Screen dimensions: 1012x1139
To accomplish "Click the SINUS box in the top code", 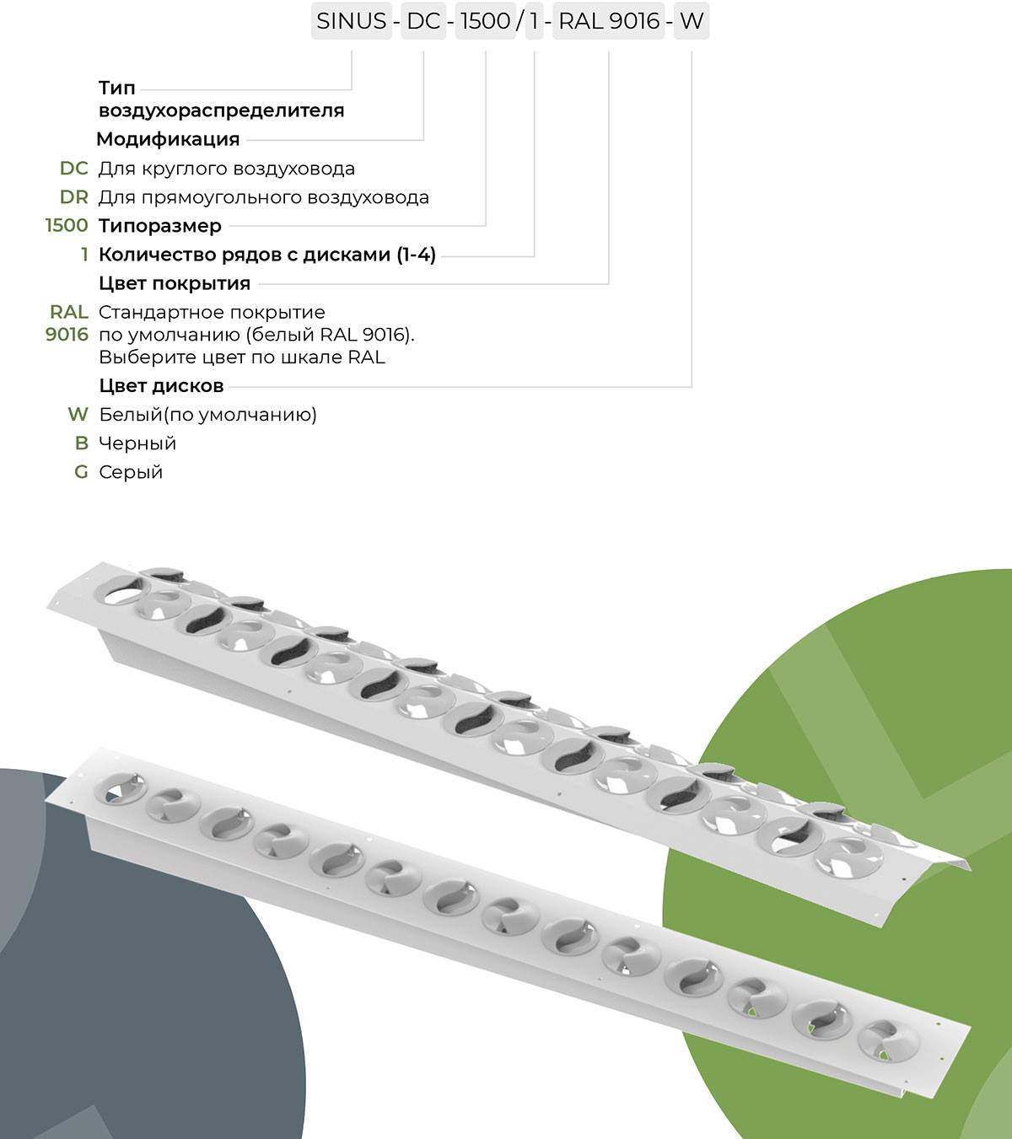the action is coord(352,21).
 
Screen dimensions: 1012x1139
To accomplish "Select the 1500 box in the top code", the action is coord(486,21).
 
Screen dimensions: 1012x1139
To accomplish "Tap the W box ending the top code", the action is coord(692,21).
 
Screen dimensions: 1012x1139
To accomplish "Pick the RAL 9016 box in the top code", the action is coord(609,21).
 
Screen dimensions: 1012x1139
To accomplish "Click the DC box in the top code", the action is coord(423,21).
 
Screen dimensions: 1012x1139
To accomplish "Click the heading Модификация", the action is coord(168,139).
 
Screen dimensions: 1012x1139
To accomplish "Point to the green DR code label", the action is coord(74,197).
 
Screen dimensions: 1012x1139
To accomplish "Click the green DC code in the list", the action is coord(74,168).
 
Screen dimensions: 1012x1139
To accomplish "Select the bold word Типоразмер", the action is coord(160,226).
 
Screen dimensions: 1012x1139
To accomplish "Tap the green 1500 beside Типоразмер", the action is coord(67,225).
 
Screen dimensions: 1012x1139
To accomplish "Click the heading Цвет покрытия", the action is coord(175,283).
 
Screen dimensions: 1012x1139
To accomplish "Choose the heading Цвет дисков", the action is coord(161,385).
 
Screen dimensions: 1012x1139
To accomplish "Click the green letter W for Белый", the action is coord(78,414).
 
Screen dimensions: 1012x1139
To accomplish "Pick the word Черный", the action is coord(137,443).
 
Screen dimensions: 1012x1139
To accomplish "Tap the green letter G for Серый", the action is coord(82,472).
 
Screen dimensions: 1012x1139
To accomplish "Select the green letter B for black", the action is coord(82,443).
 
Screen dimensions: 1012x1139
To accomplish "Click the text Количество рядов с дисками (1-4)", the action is coord(268,255).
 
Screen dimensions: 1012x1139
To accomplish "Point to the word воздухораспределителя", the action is coord(222,110).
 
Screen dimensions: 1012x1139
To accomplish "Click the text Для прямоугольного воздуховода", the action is coord(264,198).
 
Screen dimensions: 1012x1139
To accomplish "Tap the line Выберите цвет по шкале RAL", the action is coord(242,357).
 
